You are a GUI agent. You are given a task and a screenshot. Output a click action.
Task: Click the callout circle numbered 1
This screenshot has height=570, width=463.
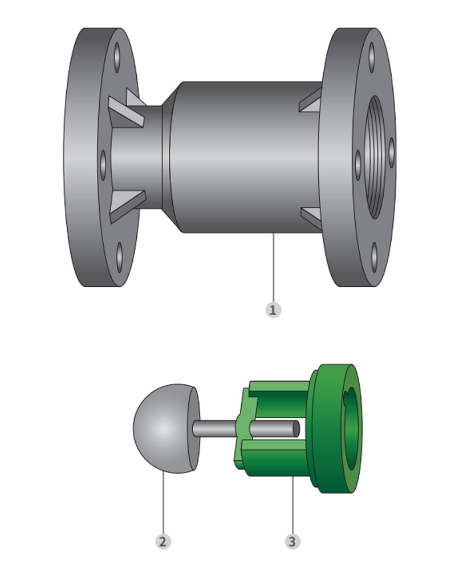click(x=273, y=310)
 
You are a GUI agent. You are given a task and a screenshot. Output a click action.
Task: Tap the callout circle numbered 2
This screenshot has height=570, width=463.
click(x=163, y=541)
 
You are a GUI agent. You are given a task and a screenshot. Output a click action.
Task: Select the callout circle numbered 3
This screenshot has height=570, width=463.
click(x=293, y=541)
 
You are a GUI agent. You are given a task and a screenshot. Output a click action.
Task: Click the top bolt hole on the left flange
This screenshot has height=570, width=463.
click(x=117, y=58)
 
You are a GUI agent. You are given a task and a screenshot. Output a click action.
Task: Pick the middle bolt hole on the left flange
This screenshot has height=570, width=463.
click(x=103, y=165)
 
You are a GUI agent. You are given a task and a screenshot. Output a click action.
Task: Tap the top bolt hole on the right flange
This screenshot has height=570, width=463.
click(x=371, y=58)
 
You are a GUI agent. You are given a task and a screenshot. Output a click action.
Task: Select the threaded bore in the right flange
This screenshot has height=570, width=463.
click(x=375, y=157)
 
